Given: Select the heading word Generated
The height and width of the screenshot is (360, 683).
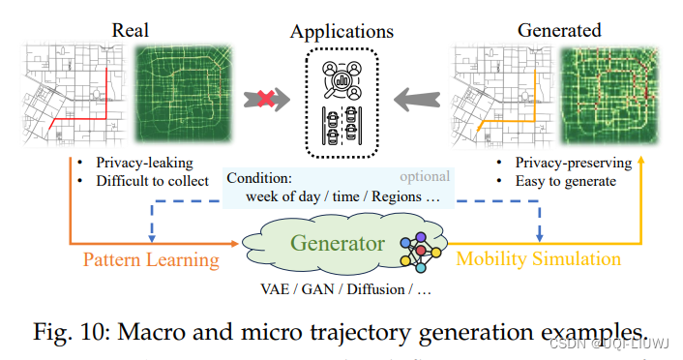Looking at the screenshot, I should point(559,31).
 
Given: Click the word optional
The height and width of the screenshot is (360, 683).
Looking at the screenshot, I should point(425,176).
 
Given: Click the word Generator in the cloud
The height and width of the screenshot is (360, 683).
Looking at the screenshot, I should point(339,243).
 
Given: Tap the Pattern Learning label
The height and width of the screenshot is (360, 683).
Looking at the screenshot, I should point(150,259).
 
